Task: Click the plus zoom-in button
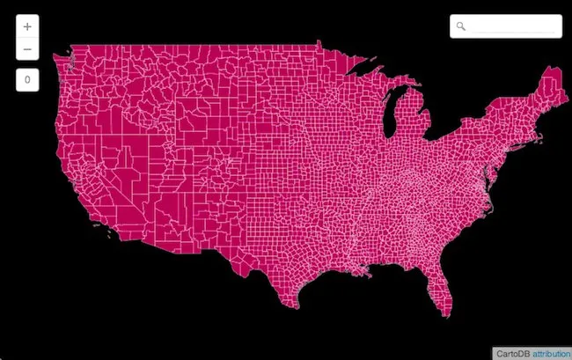pyautogui.click(x=27, y=27)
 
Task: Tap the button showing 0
pyautogui.click(x=27, y=80)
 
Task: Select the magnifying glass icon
pyautogui.click(x=461, y=26)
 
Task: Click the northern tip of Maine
pyautogui.click(x=551, y=69)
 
